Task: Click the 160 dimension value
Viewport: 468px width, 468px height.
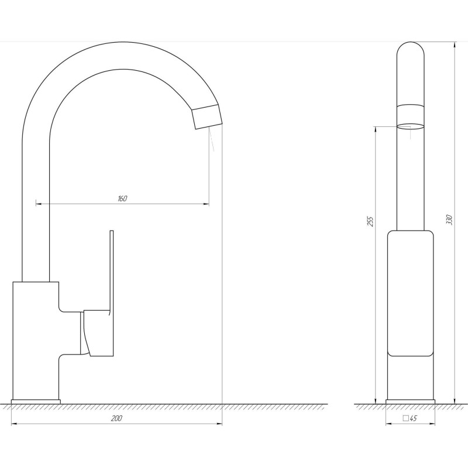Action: [122, 198]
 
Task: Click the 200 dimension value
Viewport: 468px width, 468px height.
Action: [116, 418]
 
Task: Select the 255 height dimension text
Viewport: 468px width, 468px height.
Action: [370, 221]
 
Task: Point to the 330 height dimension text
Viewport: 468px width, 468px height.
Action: [449, 219]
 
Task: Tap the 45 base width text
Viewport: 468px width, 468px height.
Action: [413, 418]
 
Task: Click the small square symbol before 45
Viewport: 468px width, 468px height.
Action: [405, 418]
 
